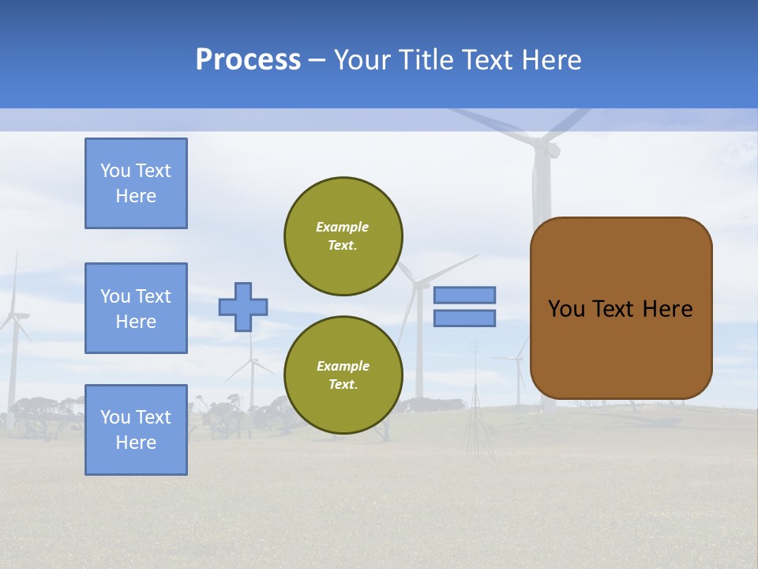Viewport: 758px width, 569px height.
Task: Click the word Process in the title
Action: click(x=248, y=60)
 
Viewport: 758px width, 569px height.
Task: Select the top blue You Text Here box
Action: click(x=136, y=183)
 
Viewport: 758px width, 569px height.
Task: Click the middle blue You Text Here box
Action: click(x=136, y=308)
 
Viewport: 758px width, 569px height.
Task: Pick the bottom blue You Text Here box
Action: click(x=136, y=430)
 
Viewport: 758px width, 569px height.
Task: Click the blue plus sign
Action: click(x=243, y=307)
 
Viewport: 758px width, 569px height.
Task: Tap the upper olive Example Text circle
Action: click(x=343, y=236)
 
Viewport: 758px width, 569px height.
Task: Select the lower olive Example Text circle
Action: click(x=343, y=375)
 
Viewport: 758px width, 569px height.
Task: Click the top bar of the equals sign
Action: click(x=465, y=295)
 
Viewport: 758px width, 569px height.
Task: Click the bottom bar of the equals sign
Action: click(x=465, y=318)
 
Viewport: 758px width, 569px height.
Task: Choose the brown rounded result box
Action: click(x=621, y=308)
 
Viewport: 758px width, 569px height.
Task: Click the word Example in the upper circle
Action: click(x=343, y=227)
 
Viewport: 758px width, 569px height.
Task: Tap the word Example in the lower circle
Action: click(x=343, y=366)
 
